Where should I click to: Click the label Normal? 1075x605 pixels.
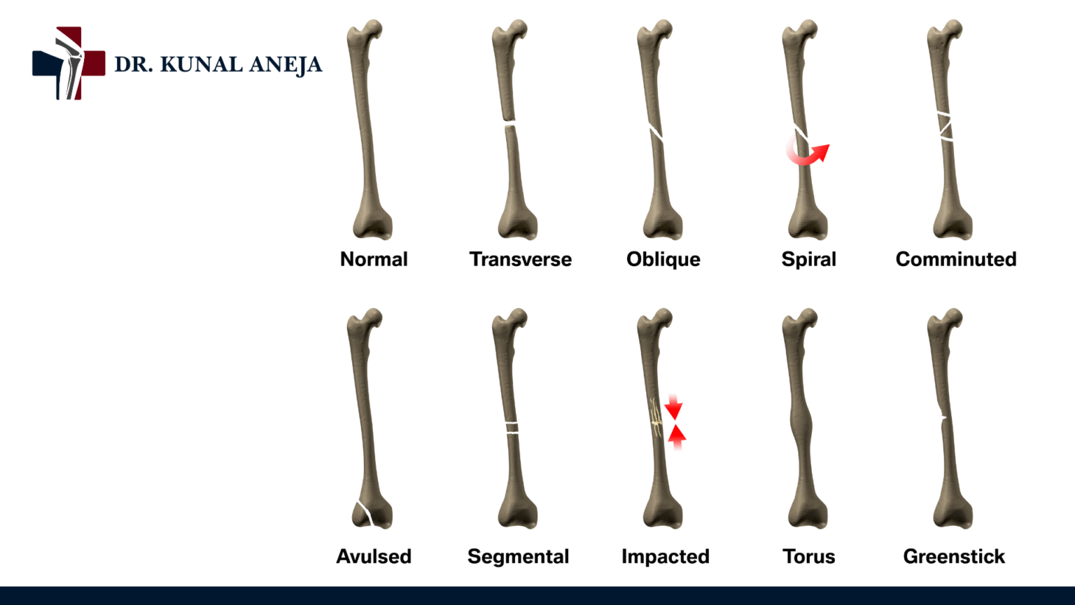pyautogui.click(x=374, y=259)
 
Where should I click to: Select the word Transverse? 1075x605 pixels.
pyautogui.click(x=520, y=259)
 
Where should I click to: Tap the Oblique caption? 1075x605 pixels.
pyautogui.click(x=663, y=259)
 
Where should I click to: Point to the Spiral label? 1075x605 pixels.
pyautogui.click(x=808, y=259)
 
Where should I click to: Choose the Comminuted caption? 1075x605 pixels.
pyautogui.click(x=955, y=259)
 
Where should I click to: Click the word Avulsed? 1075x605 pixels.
pyautogui.click(x=374, y=556)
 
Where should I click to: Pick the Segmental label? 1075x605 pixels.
pyautogui.click(x=518, y=556)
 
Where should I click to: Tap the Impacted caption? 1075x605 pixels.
pyautogui.click(x=665, y=556)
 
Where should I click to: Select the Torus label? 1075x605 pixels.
pyautogui.click(x=808, y=556)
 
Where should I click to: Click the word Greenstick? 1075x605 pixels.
pyautogui.click(x=954, y=556)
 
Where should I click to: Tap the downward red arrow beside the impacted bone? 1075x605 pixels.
pyautogui.click(x=673, y=407)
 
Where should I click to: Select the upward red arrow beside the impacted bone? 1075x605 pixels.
pyautogui.click(x=676, y=436)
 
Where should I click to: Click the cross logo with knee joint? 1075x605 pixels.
pyautogui.click(x=69, y=63)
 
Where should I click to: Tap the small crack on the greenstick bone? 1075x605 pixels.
pyautogui.click(x=943, y=418)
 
